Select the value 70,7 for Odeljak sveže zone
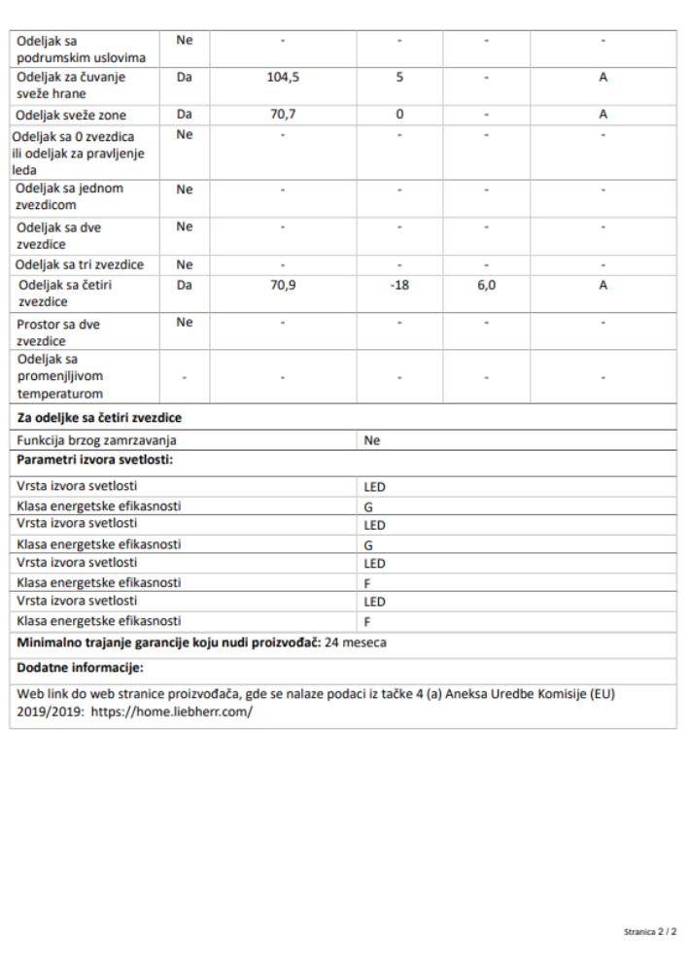(x=282, y=115)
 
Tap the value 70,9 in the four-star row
(x=282, y=286)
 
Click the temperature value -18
(x=398, y=286)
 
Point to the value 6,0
(x=486, y=286)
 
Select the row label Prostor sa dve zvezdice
(x=58, y=332)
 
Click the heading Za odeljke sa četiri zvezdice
(x=100, y=419)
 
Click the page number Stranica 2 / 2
(x=650, y=933)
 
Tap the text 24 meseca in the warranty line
(x=357, y=642)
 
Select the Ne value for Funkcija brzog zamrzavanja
(x=370, y=439)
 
